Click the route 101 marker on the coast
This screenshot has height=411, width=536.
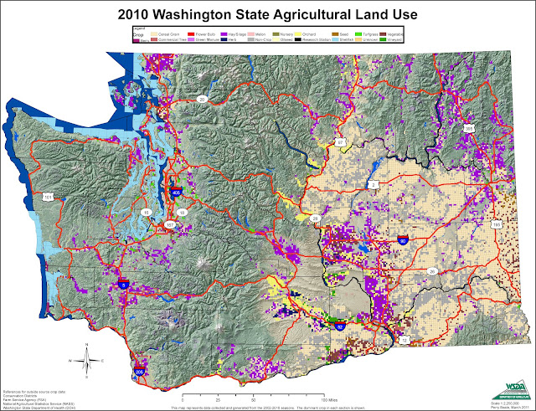[47, 198]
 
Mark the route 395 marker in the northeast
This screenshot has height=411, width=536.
[468, 129]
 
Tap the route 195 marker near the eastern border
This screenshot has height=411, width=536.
[496, 224]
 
